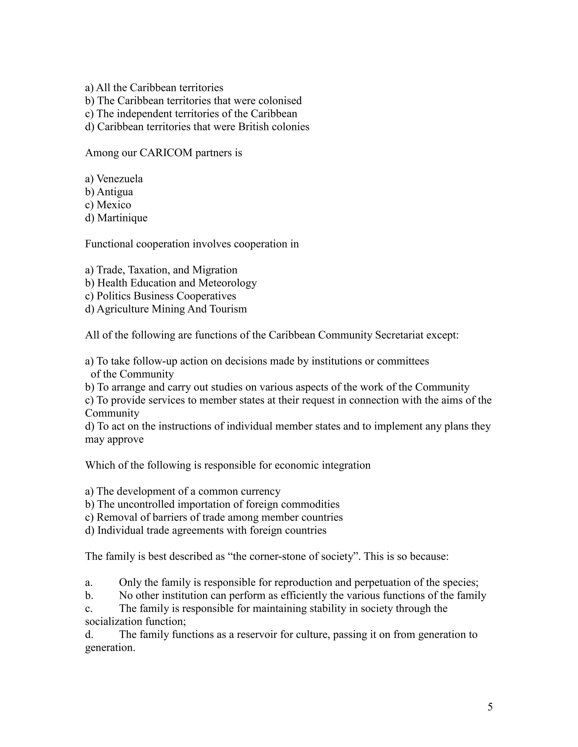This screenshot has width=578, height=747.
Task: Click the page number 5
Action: pyautogui.click(x=490, y=707)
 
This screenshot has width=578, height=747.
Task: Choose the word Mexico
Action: pyautogui.click(x=114, y=205)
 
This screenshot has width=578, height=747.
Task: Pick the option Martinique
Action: pyautogui.click(x=122, y=218)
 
